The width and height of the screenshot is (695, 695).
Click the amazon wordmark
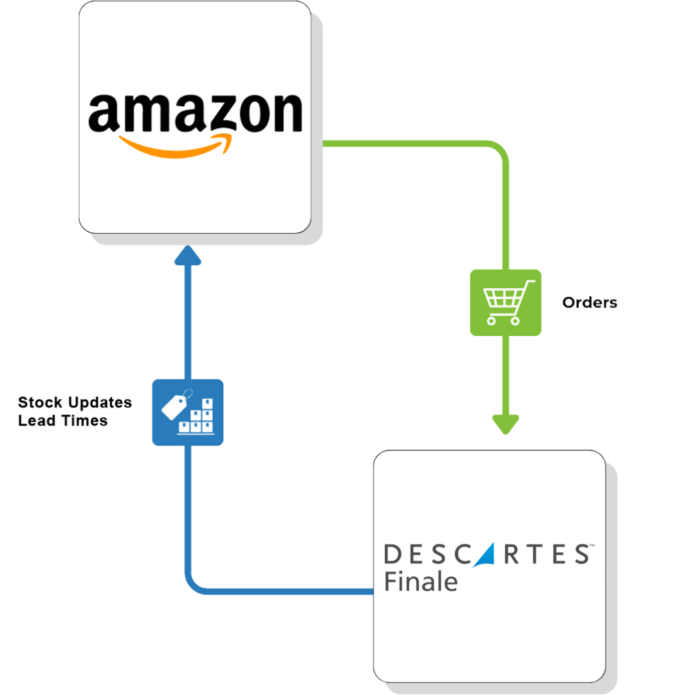pyautogui.click(x=195, y=113)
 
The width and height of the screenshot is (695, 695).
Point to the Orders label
pyautogui.click(x=589, y=302)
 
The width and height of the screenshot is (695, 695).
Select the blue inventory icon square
pyautogui.click(x=188, y=412)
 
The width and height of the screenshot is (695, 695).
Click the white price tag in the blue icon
pyautogui.click(x=174, y=405)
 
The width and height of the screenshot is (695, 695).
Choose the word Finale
pyautogui.click(x=421, y=581)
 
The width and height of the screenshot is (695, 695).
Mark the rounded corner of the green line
pyautogui.click(x=501, y=151)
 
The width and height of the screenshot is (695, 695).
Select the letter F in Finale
pyautogui.click(x=391, y=581)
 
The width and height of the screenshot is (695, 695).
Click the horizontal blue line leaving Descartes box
pyautogui.click(x=290, y=590)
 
